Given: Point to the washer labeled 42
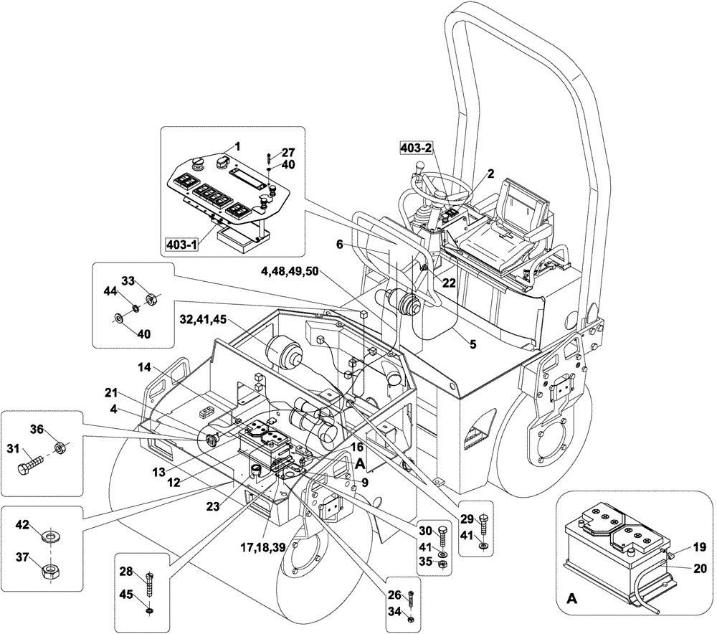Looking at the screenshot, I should (52, 535).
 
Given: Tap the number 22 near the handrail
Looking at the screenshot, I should (449, 283).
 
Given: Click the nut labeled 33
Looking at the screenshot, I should (151, 298).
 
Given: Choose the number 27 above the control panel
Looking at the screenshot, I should (288, 152).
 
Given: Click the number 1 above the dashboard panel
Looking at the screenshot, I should (237, 146).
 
